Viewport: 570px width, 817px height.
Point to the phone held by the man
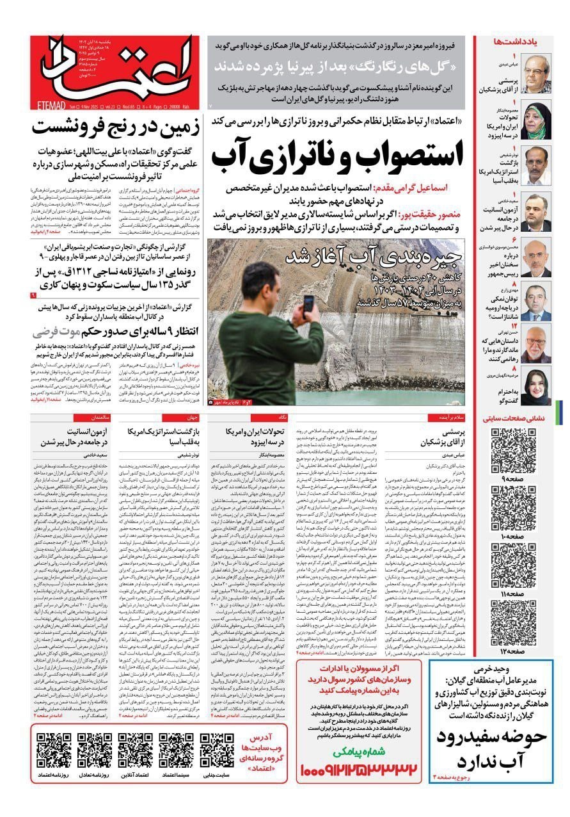coord(309,303)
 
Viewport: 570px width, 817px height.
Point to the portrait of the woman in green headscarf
coord(536,119)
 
